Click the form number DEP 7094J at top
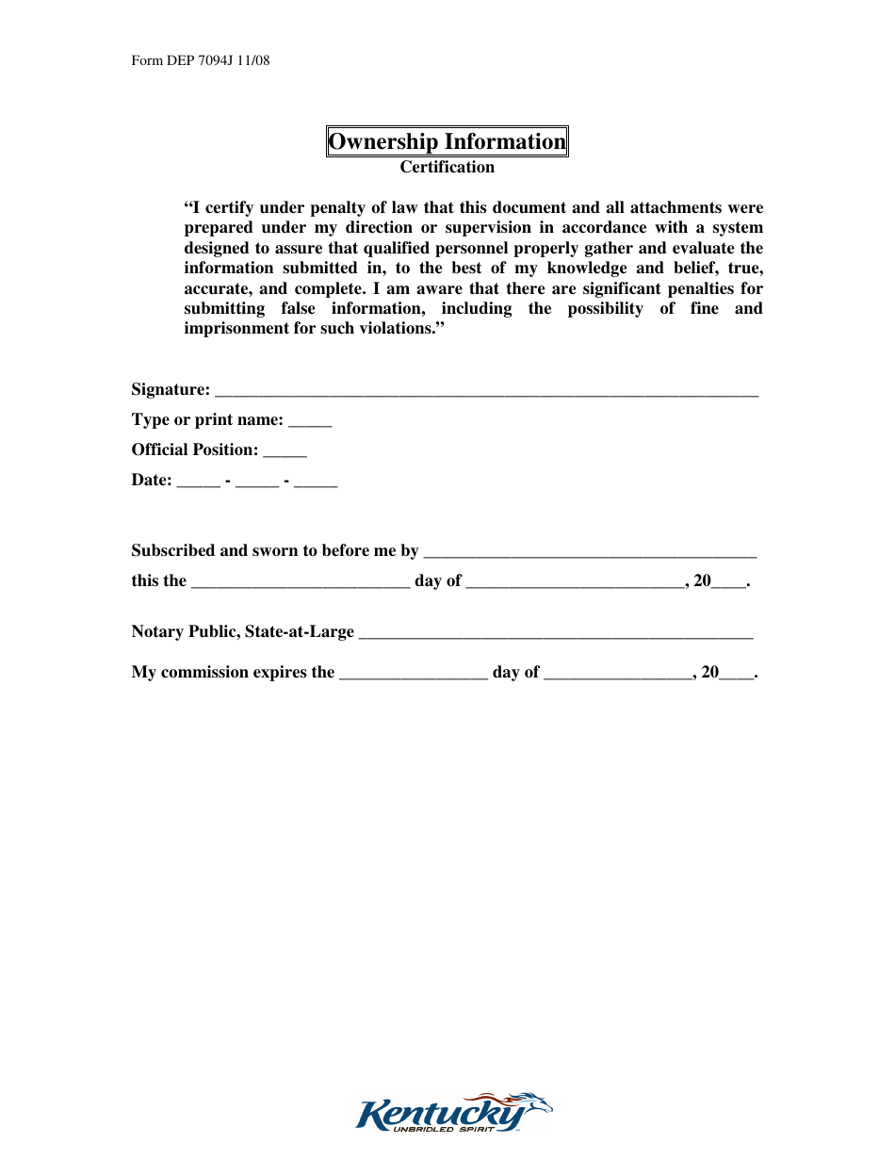(x=202, y=61)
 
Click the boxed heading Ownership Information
(x=447, y=142)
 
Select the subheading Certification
(x=447, y=168)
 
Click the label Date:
(x=152, y=481)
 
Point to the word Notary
(x=157, y=632)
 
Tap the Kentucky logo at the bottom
(x=453, y=1114)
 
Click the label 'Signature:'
(x=171, y=390)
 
